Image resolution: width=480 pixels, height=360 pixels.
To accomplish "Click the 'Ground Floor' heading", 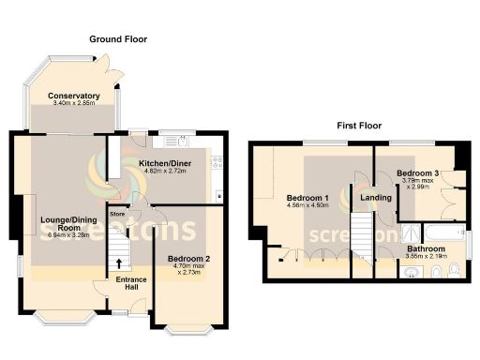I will click(118, 39).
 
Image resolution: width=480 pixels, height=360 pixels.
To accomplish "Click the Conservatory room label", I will click(74, 96).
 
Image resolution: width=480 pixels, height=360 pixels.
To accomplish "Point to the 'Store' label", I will click(118, 214).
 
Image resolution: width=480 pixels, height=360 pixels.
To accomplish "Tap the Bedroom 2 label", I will click(188, 258).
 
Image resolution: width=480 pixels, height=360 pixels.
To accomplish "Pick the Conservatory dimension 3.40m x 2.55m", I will click(74, 105).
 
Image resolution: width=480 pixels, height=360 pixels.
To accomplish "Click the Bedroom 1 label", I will click(307, 198).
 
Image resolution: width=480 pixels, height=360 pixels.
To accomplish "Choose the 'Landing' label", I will click(375, 198).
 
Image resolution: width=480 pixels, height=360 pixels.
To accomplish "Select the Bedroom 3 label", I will click(417, 174).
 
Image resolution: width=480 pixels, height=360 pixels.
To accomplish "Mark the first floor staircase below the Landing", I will click(363, 239).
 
